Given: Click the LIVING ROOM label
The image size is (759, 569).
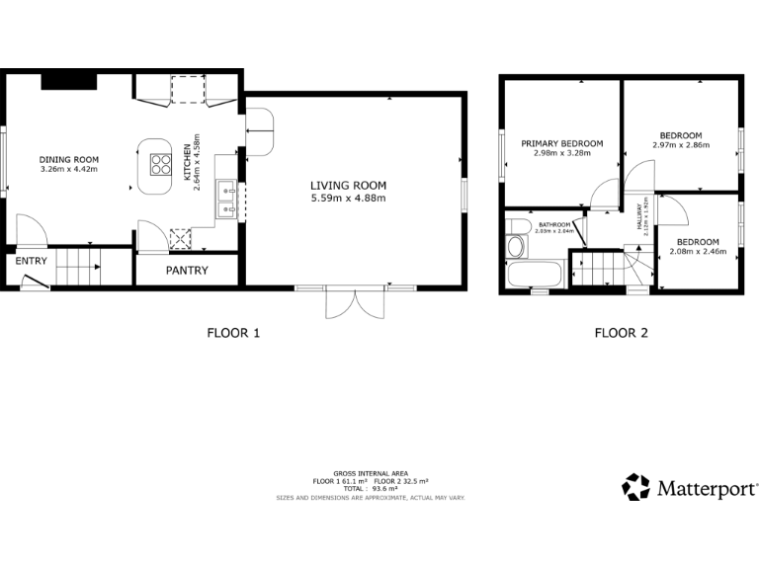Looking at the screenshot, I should pos(348,186).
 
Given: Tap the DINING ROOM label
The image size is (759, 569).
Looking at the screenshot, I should pos(69,159).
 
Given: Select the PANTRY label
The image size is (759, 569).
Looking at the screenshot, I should pos(186,270).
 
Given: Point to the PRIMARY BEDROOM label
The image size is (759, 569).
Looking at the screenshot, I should pos(561,143).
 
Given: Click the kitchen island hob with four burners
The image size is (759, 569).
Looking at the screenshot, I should pos(159,162).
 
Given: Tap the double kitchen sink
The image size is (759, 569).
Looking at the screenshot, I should pos(227,197).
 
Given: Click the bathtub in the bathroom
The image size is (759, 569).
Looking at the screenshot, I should pos(534,275).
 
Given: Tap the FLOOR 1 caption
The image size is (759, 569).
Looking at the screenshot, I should pos(233,333).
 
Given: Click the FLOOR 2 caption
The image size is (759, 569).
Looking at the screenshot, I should pos(621,333).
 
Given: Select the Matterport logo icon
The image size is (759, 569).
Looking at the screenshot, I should pos(635,488).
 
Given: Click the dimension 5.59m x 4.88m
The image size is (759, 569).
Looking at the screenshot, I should pos(348,199).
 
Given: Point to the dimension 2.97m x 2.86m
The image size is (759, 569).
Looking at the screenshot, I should pos(680,145).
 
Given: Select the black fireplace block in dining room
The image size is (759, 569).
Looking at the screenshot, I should pos(68,81).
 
